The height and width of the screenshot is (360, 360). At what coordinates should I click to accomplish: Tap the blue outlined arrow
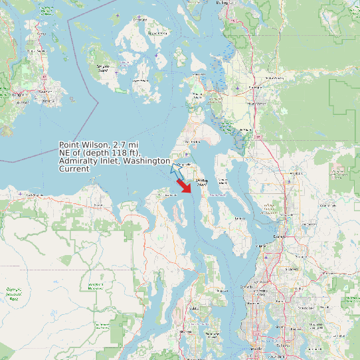click(x=177, y=170)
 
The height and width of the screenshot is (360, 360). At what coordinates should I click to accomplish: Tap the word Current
click(x=74, y=169)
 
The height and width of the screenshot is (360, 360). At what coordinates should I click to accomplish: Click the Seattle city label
click(x=256, y=348)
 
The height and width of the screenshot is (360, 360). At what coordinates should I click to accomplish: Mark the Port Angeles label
click(x=33, y=195)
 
